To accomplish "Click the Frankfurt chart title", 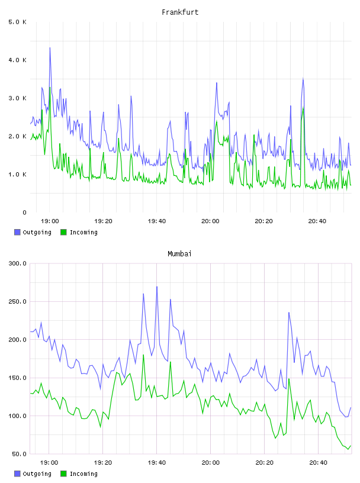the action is [x=180, y=12].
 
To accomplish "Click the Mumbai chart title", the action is [x=179, y=254].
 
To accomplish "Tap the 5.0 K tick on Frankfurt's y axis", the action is [x=18, y=22].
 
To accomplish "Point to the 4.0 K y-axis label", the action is [x=18, y=60].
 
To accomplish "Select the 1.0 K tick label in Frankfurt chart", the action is [x=18, y=175].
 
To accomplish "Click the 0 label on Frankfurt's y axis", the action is [x=24, y=212].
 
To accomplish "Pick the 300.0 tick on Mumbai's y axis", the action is [x=18, y=263].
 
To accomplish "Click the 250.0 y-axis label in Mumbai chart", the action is [x=18, y=301].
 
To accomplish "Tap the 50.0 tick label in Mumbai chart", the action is [x=19, y=454].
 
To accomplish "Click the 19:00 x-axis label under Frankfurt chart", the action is [x=50, y=221].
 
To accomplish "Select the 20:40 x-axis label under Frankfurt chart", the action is [x=317, y=221].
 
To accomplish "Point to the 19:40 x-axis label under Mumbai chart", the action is [x=156, y=463].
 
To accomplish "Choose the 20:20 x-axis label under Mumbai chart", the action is [x=264, y=463].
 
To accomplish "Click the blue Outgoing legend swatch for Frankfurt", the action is [x=17, y=232].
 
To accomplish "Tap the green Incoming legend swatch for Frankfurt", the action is [x=63, y=232].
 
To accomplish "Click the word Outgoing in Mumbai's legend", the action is [x=37, y=474].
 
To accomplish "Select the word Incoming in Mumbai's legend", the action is [x=83, y=474].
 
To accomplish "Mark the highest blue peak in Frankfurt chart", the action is [x=50, y=48].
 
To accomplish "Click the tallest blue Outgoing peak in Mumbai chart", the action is [x=157, y=286].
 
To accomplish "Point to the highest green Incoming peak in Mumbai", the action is [x=143, y=355].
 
